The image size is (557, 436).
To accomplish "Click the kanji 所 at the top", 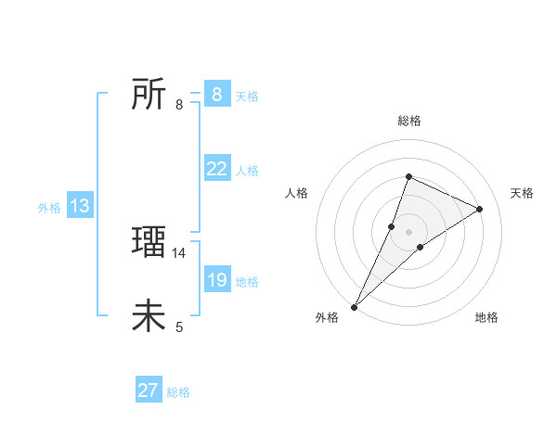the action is click(149, 94).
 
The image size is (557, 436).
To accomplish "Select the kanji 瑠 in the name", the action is click(149, 242).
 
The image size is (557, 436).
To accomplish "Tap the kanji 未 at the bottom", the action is click(149, 316).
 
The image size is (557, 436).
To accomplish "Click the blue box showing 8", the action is click(216, 94).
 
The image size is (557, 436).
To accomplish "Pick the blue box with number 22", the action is click(216, 168).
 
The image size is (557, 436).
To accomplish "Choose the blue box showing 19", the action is click(216, 279).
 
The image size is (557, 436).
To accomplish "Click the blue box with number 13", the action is click(79, 206).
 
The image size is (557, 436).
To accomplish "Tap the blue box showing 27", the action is click(149, 391).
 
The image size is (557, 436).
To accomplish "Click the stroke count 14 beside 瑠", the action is click(179, 252).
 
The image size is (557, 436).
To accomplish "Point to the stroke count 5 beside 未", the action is click(179, 327).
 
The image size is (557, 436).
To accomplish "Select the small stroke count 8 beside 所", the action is click(179, 105).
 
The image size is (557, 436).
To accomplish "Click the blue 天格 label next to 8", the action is click(247, 96).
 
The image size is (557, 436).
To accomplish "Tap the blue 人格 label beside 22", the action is click(247, 171).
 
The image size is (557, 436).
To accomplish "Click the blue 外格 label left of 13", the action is click(49, 208).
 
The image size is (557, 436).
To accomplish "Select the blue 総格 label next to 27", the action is click(178, 392).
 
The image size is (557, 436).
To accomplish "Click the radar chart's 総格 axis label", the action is click(408, 122).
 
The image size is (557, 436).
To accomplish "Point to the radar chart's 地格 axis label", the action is click(486, 317).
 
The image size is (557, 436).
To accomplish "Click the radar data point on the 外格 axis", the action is click(355, 306).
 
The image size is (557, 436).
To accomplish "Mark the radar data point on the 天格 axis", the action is click(480, 209).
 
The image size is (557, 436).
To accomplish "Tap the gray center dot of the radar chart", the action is click(408, 231).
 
